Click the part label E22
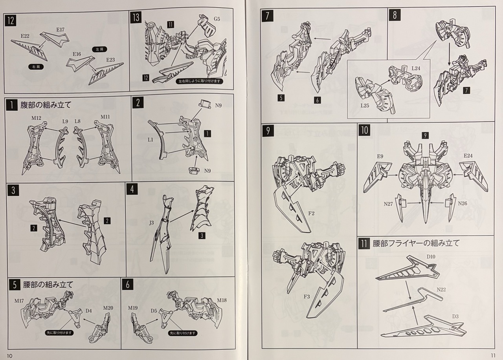pos(25,36)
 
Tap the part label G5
pos(217,19)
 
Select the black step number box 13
pos(136,18)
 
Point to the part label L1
pos(151,139)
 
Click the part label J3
pos(152,223)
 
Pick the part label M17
pos(19,301)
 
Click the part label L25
pos(365,105)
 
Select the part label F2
pos(311,214)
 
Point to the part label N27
pos(388,204)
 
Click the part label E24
pos(468,155)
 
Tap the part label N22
pos(441,290)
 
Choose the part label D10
pos(431,257)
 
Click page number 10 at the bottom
pos(10,356)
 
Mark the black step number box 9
pos(268,131)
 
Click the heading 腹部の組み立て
pos(46,105)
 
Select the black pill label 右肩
pos(36,67)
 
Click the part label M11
pos(105,117)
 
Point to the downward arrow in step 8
pos(449,54)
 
